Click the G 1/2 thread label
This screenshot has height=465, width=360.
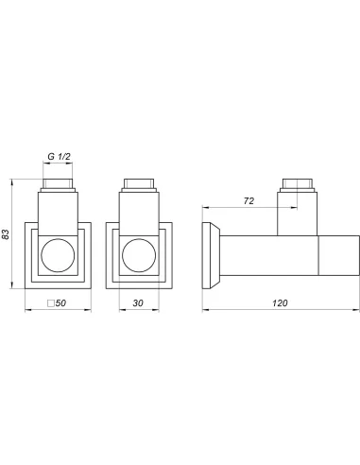click(59, 156)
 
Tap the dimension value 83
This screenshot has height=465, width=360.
click(6, 234)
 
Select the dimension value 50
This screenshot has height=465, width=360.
click(60, 303)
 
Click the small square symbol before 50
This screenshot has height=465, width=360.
click(50, 303)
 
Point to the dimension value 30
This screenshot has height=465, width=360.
click(138, 303)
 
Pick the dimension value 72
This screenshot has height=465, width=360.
click(249, 201)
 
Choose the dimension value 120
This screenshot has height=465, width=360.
click(280, 303)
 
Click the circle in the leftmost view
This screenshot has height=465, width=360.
click(58, 255)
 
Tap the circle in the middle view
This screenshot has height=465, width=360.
click(139, 255)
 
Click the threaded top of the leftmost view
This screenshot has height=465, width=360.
click(58, 185)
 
